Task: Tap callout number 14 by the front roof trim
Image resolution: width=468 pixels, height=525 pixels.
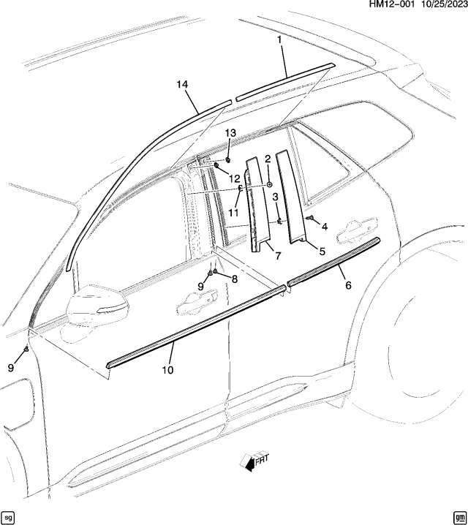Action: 182,85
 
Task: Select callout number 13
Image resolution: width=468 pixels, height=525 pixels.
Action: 230,132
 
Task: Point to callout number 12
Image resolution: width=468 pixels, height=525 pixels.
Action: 234,178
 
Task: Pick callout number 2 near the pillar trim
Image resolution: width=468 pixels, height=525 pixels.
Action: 268,159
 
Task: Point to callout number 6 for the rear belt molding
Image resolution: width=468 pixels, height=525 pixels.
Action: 348,285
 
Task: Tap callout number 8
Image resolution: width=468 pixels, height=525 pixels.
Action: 234,279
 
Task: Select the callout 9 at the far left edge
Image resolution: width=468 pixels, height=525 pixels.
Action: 11,369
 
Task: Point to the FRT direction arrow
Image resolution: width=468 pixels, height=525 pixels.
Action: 254,461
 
